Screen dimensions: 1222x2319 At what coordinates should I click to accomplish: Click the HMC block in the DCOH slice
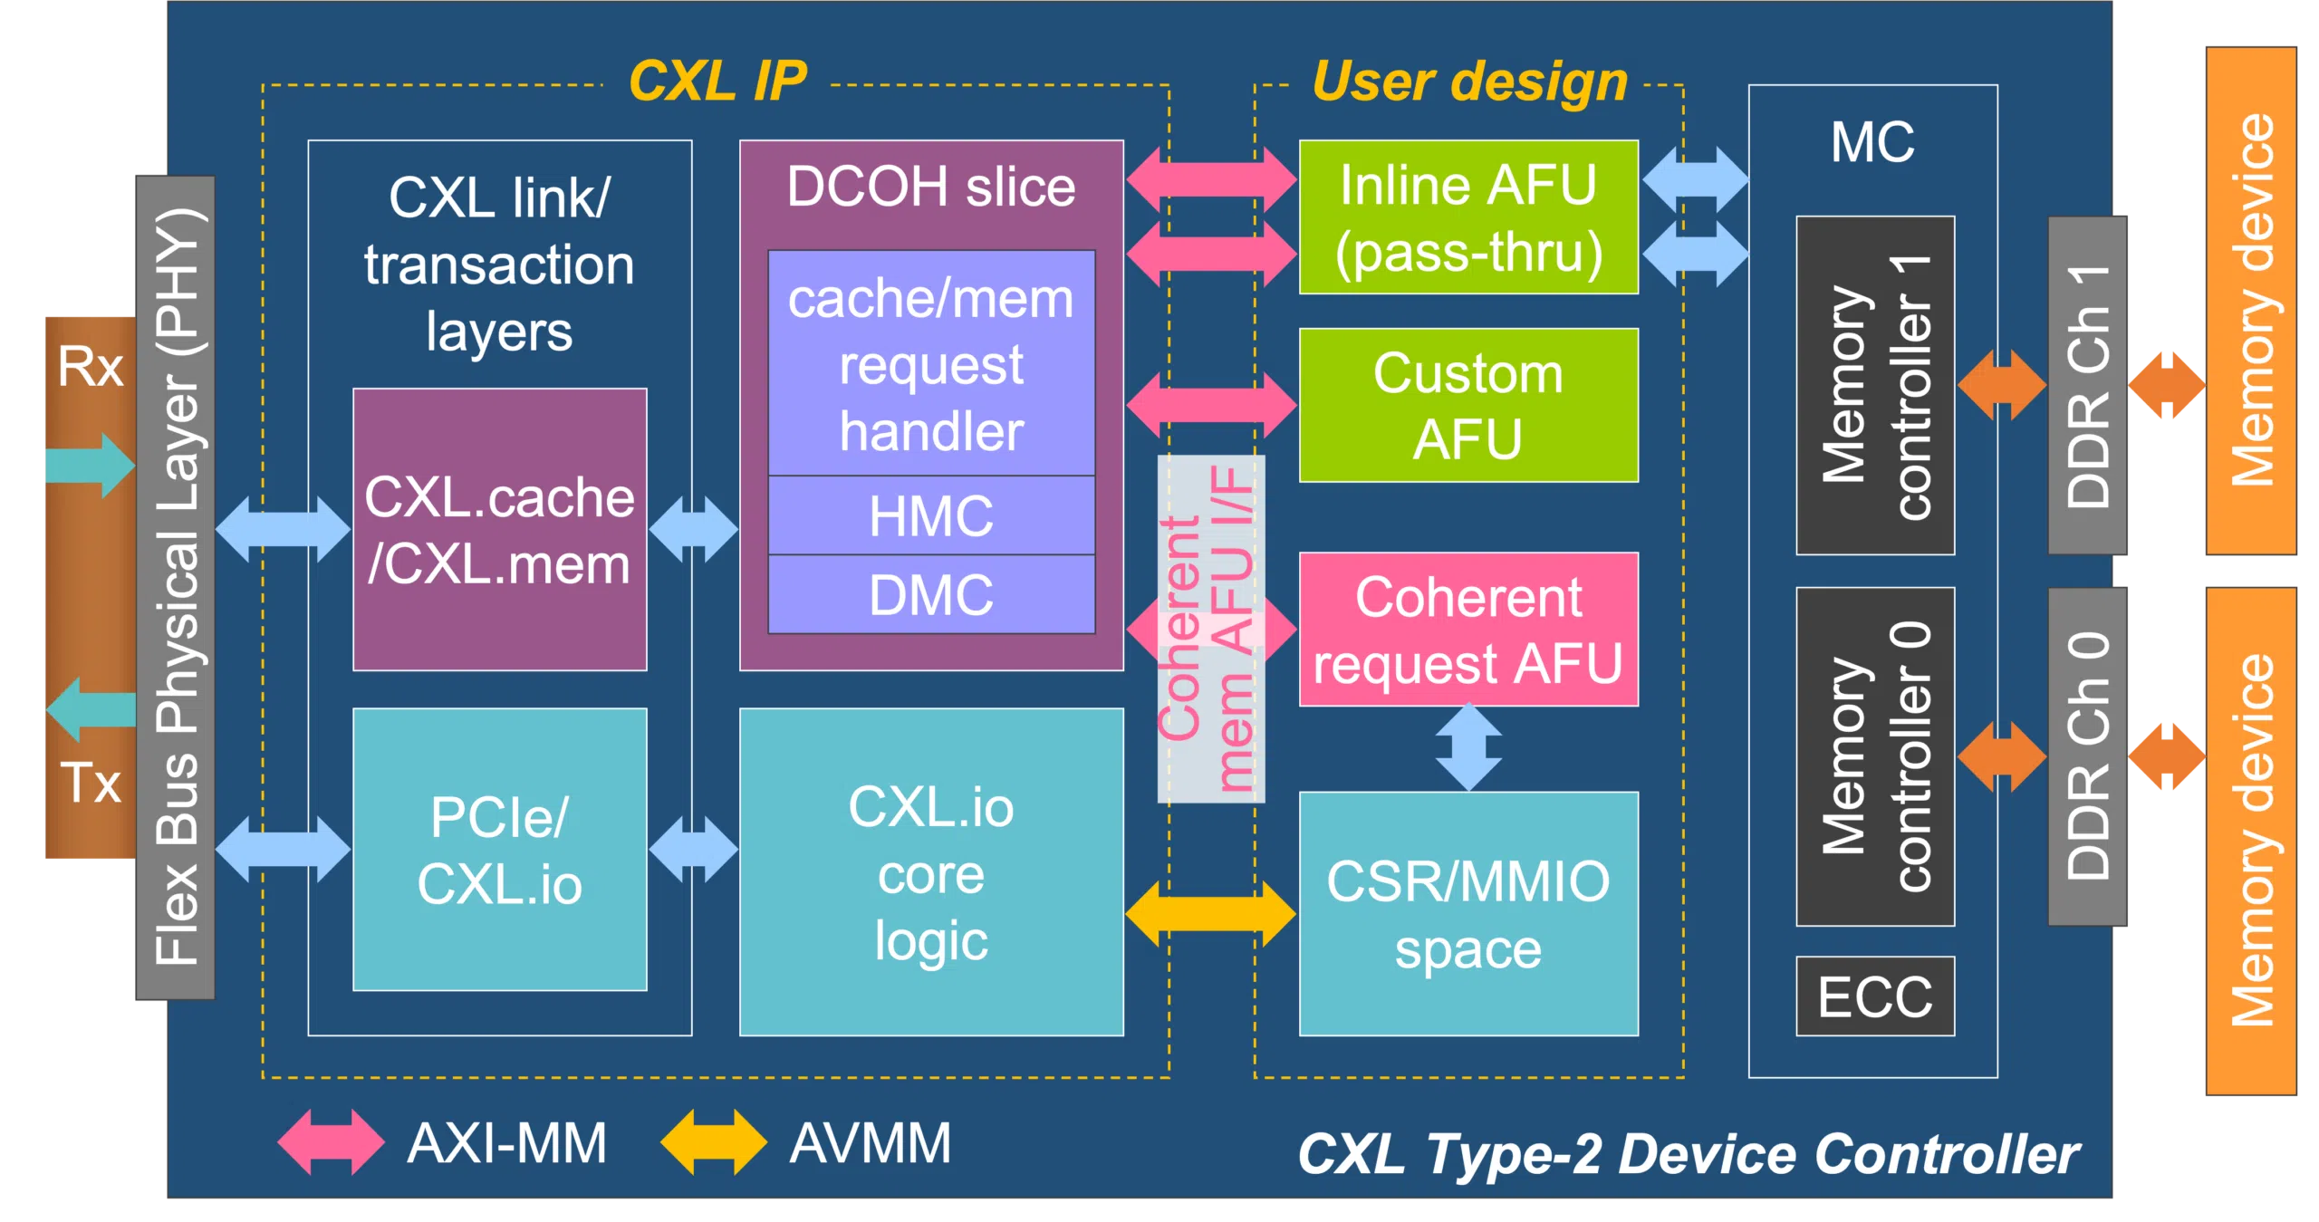coord(931,515)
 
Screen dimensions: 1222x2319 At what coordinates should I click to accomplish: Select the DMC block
coord(931,594)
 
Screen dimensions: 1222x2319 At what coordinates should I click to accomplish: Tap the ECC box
coord(1875,996)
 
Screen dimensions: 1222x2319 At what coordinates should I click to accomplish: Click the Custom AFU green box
coord(1468,405)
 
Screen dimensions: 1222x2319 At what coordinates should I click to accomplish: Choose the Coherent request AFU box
coord(1468,630)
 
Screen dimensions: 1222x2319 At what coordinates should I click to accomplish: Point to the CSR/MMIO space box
coord(1468,913)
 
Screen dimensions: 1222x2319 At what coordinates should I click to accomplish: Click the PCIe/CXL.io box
coord(500,850)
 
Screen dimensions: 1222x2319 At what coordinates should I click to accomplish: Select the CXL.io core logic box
coord(931,871)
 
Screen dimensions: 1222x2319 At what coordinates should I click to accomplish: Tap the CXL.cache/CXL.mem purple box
coord(500,530)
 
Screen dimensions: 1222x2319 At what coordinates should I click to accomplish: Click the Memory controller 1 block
coord(1875,385)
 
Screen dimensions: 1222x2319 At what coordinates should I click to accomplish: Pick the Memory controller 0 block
coord(1875,756)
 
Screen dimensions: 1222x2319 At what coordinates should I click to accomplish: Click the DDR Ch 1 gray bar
coord(2088,385)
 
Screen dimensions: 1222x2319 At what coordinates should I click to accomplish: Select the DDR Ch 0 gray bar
coord(2088,756)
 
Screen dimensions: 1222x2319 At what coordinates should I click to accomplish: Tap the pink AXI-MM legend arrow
coord(332,1142)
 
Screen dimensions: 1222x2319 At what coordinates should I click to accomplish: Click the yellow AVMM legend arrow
coord(714,1142)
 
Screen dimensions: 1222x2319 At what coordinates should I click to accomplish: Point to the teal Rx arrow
coord(89,466)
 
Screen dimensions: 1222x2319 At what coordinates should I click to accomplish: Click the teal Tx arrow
coord(91,709)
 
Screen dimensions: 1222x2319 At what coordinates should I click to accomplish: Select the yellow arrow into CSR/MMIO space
coord(1210,914)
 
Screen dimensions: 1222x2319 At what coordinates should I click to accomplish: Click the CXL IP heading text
coord(717,82)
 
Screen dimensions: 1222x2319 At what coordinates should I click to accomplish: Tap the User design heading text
coord(1469,82)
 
